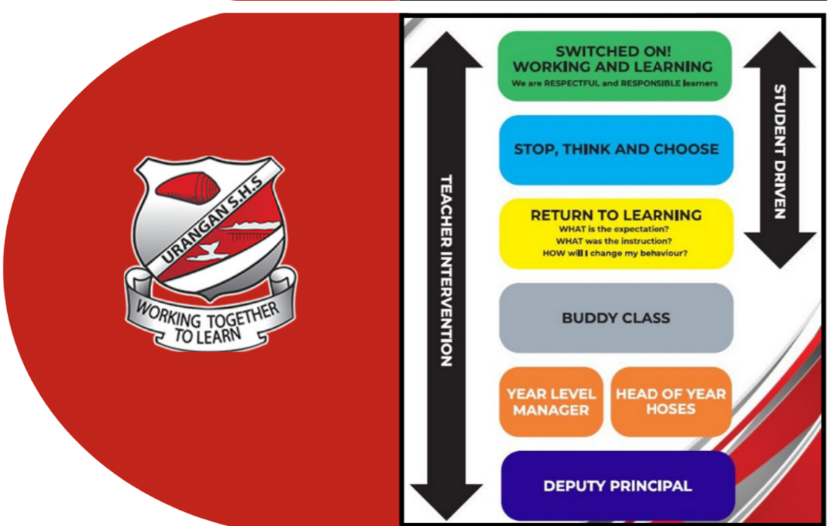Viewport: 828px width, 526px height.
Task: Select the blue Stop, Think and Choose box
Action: [x=616, y=149]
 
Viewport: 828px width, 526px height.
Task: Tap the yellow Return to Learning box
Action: [x=616, y=233]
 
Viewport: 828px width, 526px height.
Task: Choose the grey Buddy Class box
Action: [x=616, y=317]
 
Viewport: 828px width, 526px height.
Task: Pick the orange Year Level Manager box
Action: [x=551, y=401]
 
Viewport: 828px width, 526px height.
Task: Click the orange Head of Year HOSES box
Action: [x=671, y=401]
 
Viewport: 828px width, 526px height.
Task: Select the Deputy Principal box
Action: [x=617, y=486]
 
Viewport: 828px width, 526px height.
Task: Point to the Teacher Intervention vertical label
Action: [x=446, y=271]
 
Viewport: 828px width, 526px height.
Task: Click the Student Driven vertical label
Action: [x=779, y=151]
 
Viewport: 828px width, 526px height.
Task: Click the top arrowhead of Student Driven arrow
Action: [x=779, y=50]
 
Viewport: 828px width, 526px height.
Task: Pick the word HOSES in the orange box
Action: [x=671, y=410]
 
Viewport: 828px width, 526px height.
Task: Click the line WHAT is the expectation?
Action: [x=617, y=230]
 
